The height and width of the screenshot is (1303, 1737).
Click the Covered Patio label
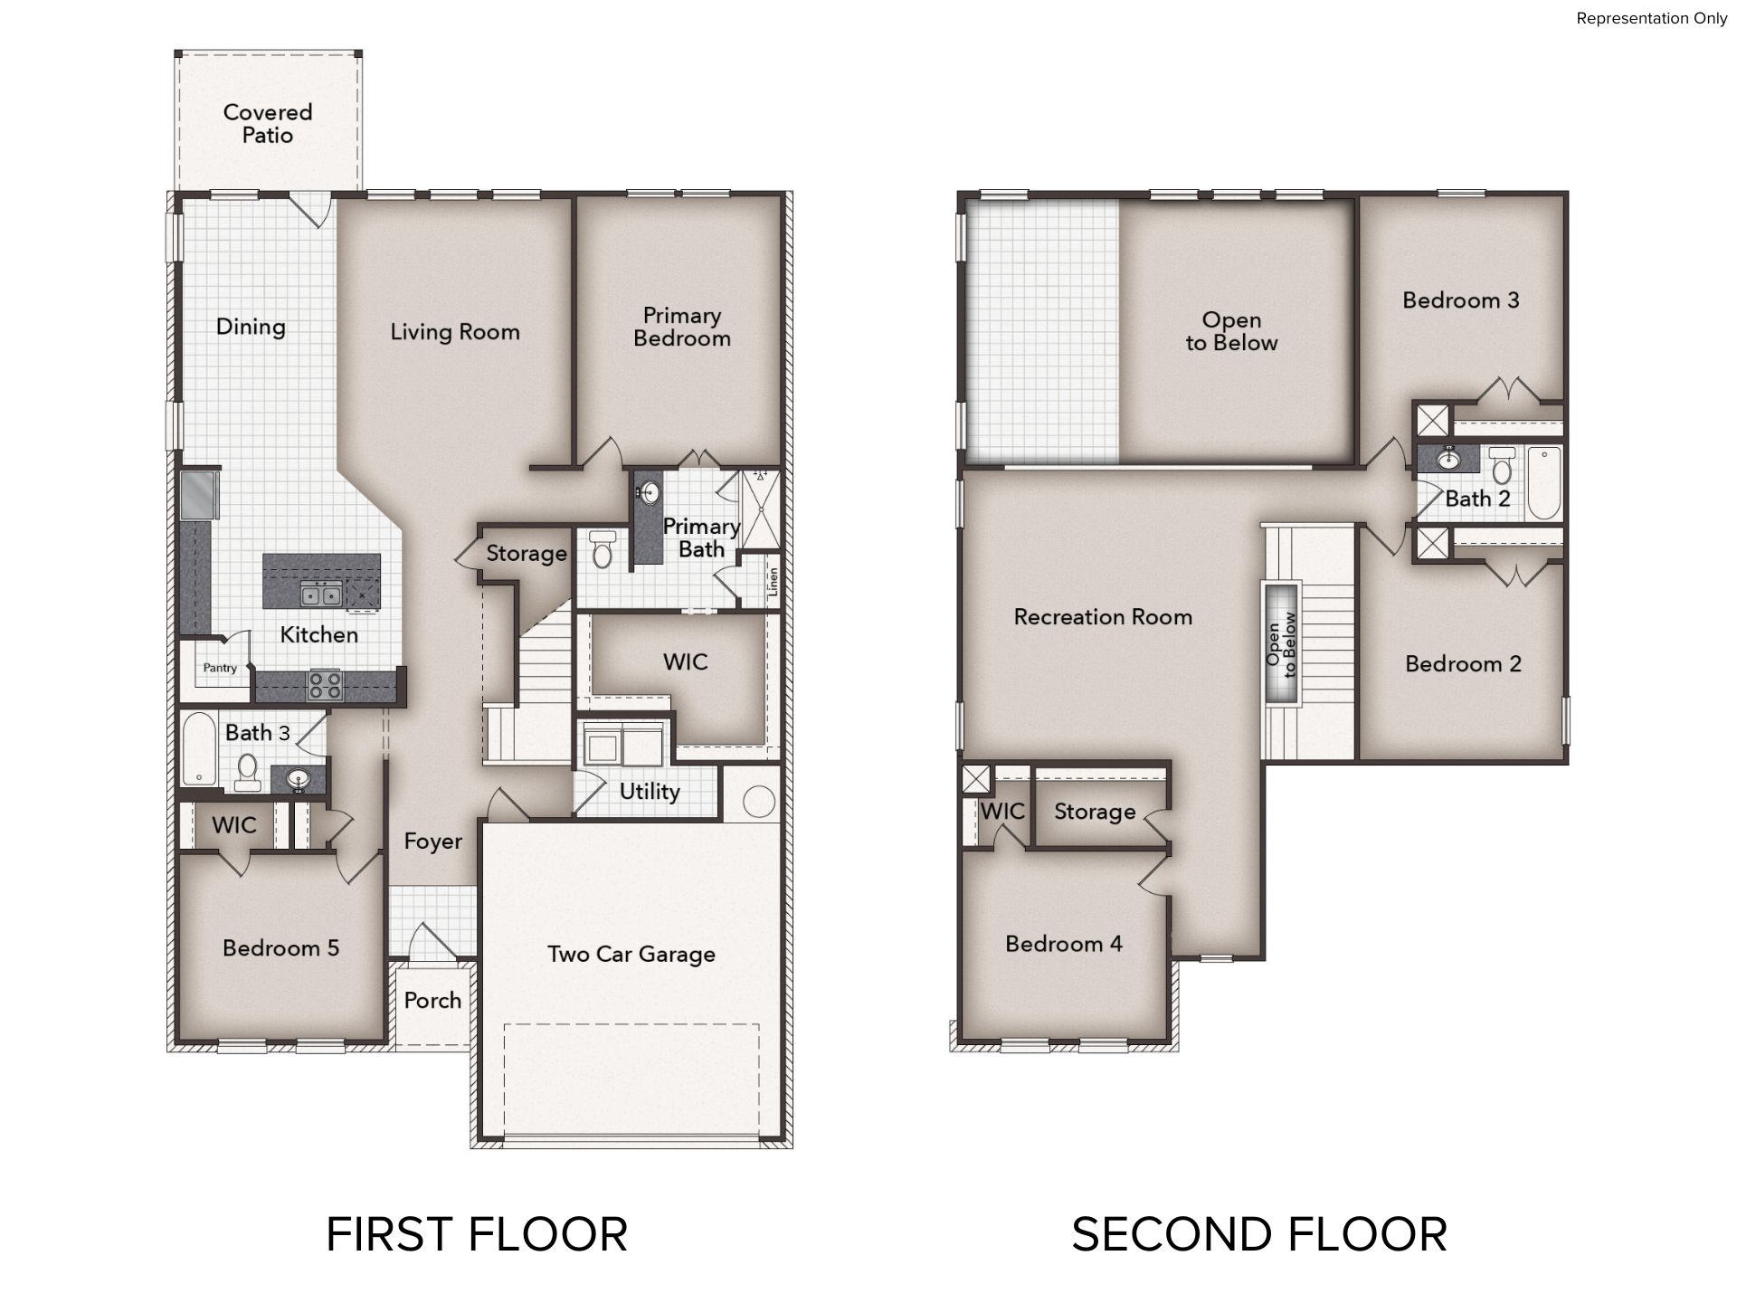(268, 123)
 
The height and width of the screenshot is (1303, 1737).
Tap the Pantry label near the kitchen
(220, 668)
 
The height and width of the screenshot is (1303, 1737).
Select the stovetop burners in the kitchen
(326, 684)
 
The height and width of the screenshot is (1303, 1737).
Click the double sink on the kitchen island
(321, 594)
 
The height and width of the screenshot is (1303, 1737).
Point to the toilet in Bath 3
(248, 771)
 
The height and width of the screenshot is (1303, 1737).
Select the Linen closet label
(773, 583)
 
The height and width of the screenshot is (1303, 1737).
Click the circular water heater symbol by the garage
(758, 802)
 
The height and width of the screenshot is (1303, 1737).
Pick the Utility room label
(650, 792)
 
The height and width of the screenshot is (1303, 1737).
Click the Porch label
(432, 1000)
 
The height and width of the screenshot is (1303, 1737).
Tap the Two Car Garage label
(631, 954)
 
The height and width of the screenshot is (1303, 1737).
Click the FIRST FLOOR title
(477, 1235)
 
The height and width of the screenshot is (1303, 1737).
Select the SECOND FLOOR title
(1259, 1235)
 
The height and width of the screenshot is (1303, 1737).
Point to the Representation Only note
(1652, 18)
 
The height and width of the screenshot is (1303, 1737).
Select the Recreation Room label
(1103, 617)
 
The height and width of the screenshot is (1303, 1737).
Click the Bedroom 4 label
(1064, 944)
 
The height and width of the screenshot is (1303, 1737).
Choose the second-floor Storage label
(1095, 812)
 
